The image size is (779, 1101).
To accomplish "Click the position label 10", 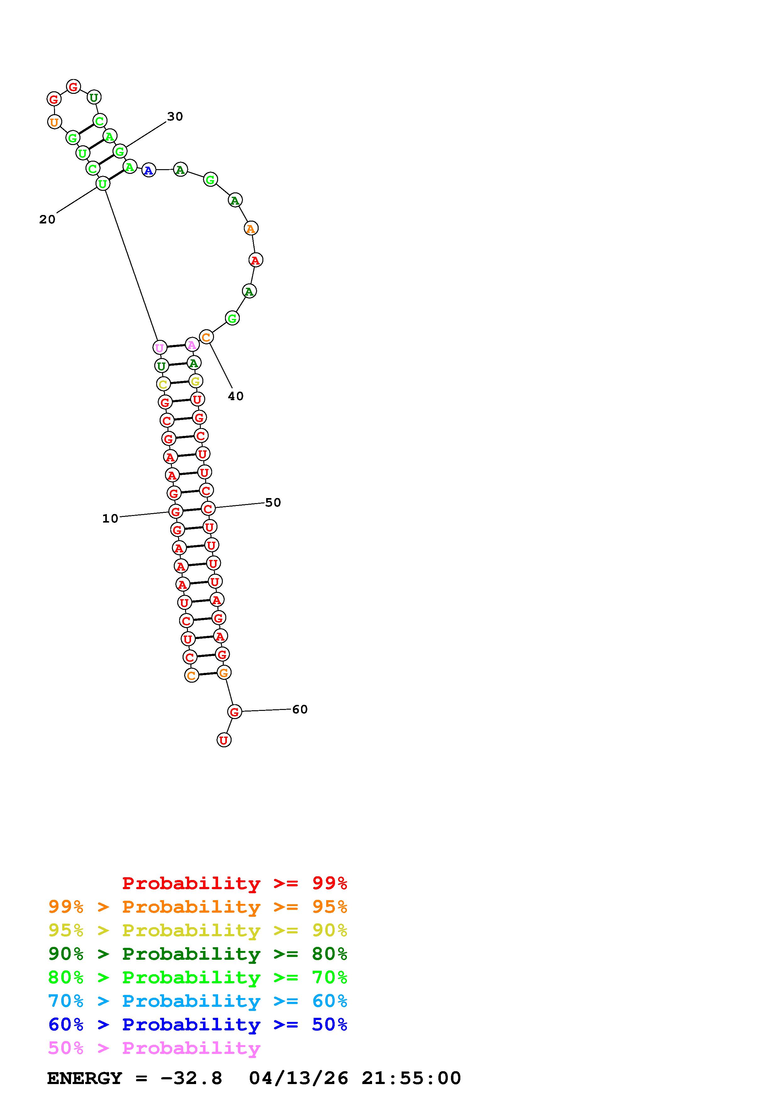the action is coord(110,518).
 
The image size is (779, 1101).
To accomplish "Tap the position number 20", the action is coord(47,219).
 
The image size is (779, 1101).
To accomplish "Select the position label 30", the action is coord(175,116).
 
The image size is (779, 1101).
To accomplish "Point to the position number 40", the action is coord(236,396).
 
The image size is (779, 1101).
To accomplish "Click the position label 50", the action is coord(273,502).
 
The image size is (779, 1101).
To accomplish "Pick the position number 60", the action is coord(300,709).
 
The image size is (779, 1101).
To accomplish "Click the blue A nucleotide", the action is coord(149,170).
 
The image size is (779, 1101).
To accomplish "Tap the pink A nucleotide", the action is coord(191,344).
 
